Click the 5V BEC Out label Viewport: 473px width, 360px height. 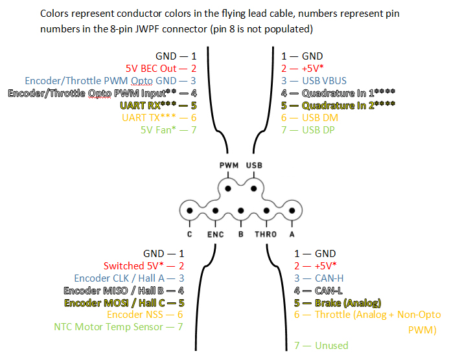156,68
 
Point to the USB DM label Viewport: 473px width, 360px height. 320,118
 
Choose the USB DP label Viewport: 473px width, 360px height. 319,130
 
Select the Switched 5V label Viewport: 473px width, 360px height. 136,266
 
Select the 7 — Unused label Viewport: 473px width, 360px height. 321,345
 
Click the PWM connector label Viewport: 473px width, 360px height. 228,166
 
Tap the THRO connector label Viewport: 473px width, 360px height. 265,234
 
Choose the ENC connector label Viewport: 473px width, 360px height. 216,234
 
